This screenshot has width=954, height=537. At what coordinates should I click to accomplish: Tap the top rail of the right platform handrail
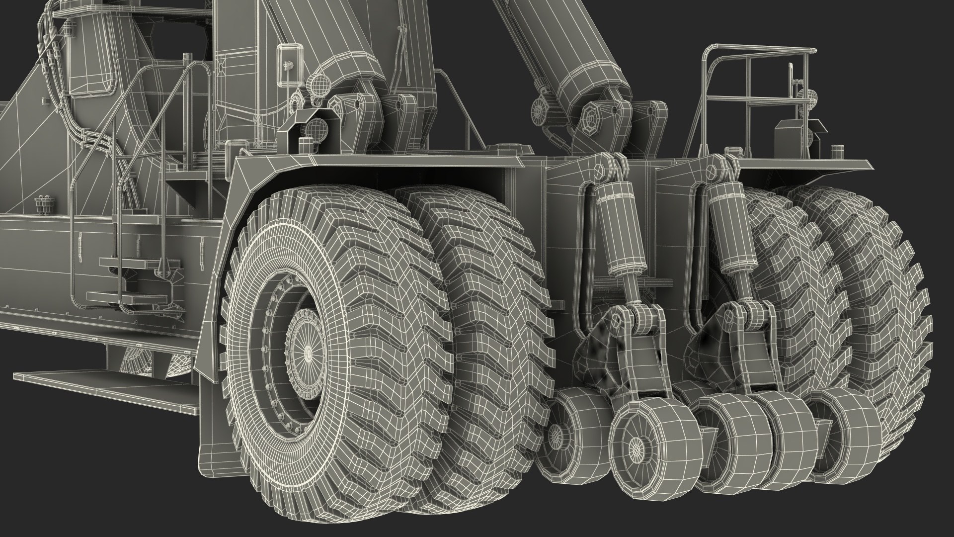(760, 50)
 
